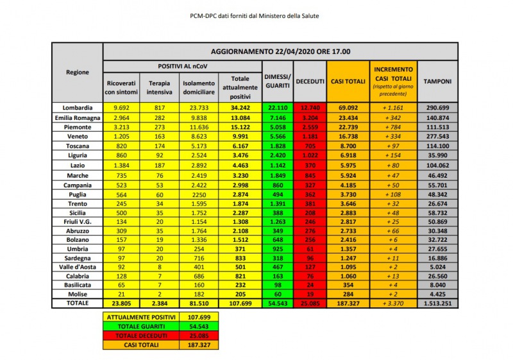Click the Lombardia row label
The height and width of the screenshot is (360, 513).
[x=78, y=107]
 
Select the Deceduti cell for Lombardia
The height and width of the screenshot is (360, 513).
[x=310, y=107]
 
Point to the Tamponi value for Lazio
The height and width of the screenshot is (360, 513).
[x=437, y=165]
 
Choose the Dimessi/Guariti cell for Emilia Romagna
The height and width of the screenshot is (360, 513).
[x=278, y=117]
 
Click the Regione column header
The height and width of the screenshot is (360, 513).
[x=78, y=73]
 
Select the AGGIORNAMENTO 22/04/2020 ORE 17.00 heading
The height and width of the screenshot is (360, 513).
[x=280, y=51]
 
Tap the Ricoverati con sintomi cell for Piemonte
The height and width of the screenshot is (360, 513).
[x=121, y=126]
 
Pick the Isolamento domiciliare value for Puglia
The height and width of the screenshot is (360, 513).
[x=199, y=194]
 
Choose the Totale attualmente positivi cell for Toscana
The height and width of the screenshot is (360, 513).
[x=239, y=146]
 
